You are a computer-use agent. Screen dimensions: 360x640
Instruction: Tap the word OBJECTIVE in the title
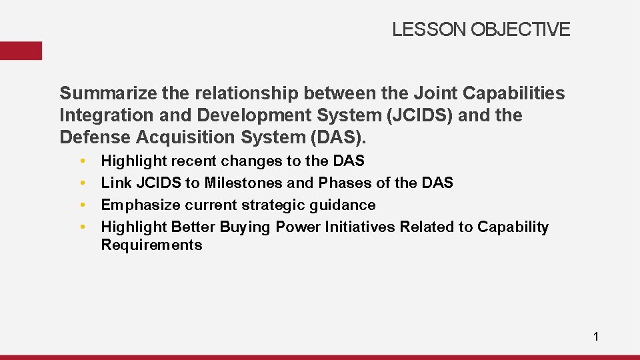(x=521, y=29)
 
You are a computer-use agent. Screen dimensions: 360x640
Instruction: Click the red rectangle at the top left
(x=21, y=51)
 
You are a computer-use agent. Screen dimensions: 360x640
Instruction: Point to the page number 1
(x=596, y=337)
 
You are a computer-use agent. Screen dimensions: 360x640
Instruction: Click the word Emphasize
(x=139, y=205)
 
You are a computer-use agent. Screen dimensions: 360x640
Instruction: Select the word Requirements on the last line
(x=151, y=245)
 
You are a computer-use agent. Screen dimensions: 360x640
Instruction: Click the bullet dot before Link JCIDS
(x=81, y=183)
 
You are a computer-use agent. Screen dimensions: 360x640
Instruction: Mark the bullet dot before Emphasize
(x=81, y=205)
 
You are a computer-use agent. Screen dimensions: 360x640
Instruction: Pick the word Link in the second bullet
(x=115, y=183)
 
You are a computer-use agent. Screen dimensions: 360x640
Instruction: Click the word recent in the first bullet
(x=194, y=161)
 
